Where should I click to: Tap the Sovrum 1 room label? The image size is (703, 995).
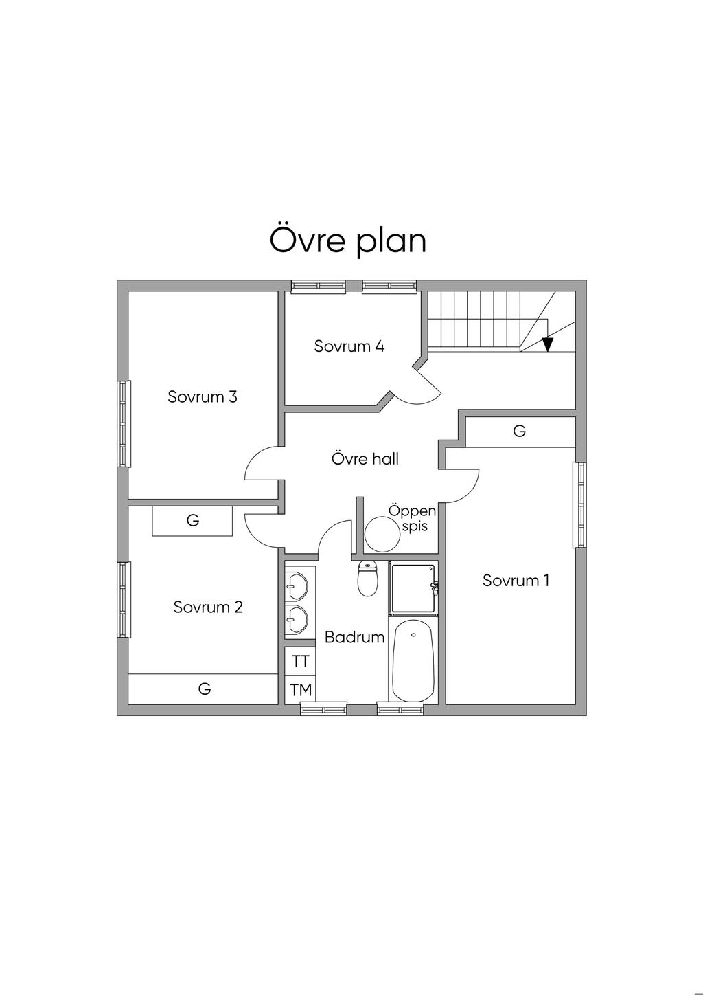[x=516, y=581]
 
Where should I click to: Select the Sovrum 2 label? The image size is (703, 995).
[x=208, y=607]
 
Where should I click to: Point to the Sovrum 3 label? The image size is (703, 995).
[x=203, y=396]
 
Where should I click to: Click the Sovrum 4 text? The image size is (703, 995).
[x=349, y=346]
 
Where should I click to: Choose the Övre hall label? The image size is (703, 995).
[x=365, y=458]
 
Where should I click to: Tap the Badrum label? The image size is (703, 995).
[x=355, y=638]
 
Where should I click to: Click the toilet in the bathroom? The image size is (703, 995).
[x=367, y=578]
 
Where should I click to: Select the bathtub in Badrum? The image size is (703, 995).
[x=414, y=661]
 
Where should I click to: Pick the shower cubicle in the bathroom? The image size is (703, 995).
[x=413, y=588]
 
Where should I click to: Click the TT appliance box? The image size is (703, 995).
[x=301, y=662]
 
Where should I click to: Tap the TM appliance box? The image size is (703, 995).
[x=301, y=690]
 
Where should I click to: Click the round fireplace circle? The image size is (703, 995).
[x=382, y=535]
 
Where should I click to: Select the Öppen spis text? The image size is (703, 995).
[x=413, y=518]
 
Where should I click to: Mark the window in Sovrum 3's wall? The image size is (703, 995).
[x=124, y=423]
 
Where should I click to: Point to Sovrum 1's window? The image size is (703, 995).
[x=579, y=505]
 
